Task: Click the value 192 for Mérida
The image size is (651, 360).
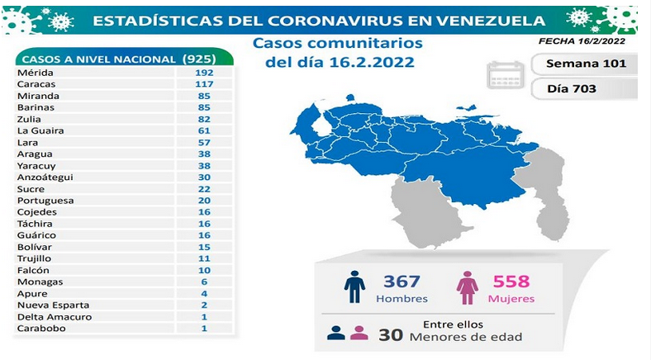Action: tap(204, 73)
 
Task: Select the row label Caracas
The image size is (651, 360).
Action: tap(36, 84)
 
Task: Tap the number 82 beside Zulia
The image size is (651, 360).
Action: tap(204, 119)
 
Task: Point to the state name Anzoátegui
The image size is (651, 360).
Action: tap(45, 177)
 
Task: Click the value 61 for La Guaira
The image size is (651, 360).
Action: tap(204, 130)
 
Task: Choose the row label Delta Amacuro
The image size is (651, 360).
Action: tap(55, 317)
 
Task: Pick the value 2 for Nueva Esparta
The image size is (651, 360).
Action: tap(204, 306)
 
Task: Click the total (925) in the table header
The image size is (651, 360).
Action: tap(199, 59)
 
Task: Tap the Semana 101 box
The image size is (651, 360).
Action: tap(585, 64)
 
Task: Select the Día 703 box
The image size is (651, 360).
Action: tap(585, 88)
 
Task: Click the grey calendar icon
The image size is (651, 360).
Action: tap(506, 75)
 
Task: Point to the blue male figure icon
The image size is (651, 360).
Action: tap(354, 287)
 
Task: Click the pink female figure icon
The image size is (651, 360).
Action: tap(468, 288)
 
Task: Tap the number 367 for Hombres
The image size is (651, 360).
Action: tap(402, 282)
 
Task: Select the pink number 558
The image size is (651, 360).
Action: tap(511, 282)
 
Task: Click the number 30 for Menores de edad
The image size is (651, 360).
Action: tap(391, 334)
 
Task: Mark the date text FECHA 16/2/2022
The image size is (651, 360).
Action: tap(582, 41)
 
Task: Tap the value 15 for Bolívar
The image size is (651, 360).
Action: tap(204, 247)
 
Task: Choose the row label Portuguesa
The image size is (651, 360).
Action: tap(45, 201)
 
